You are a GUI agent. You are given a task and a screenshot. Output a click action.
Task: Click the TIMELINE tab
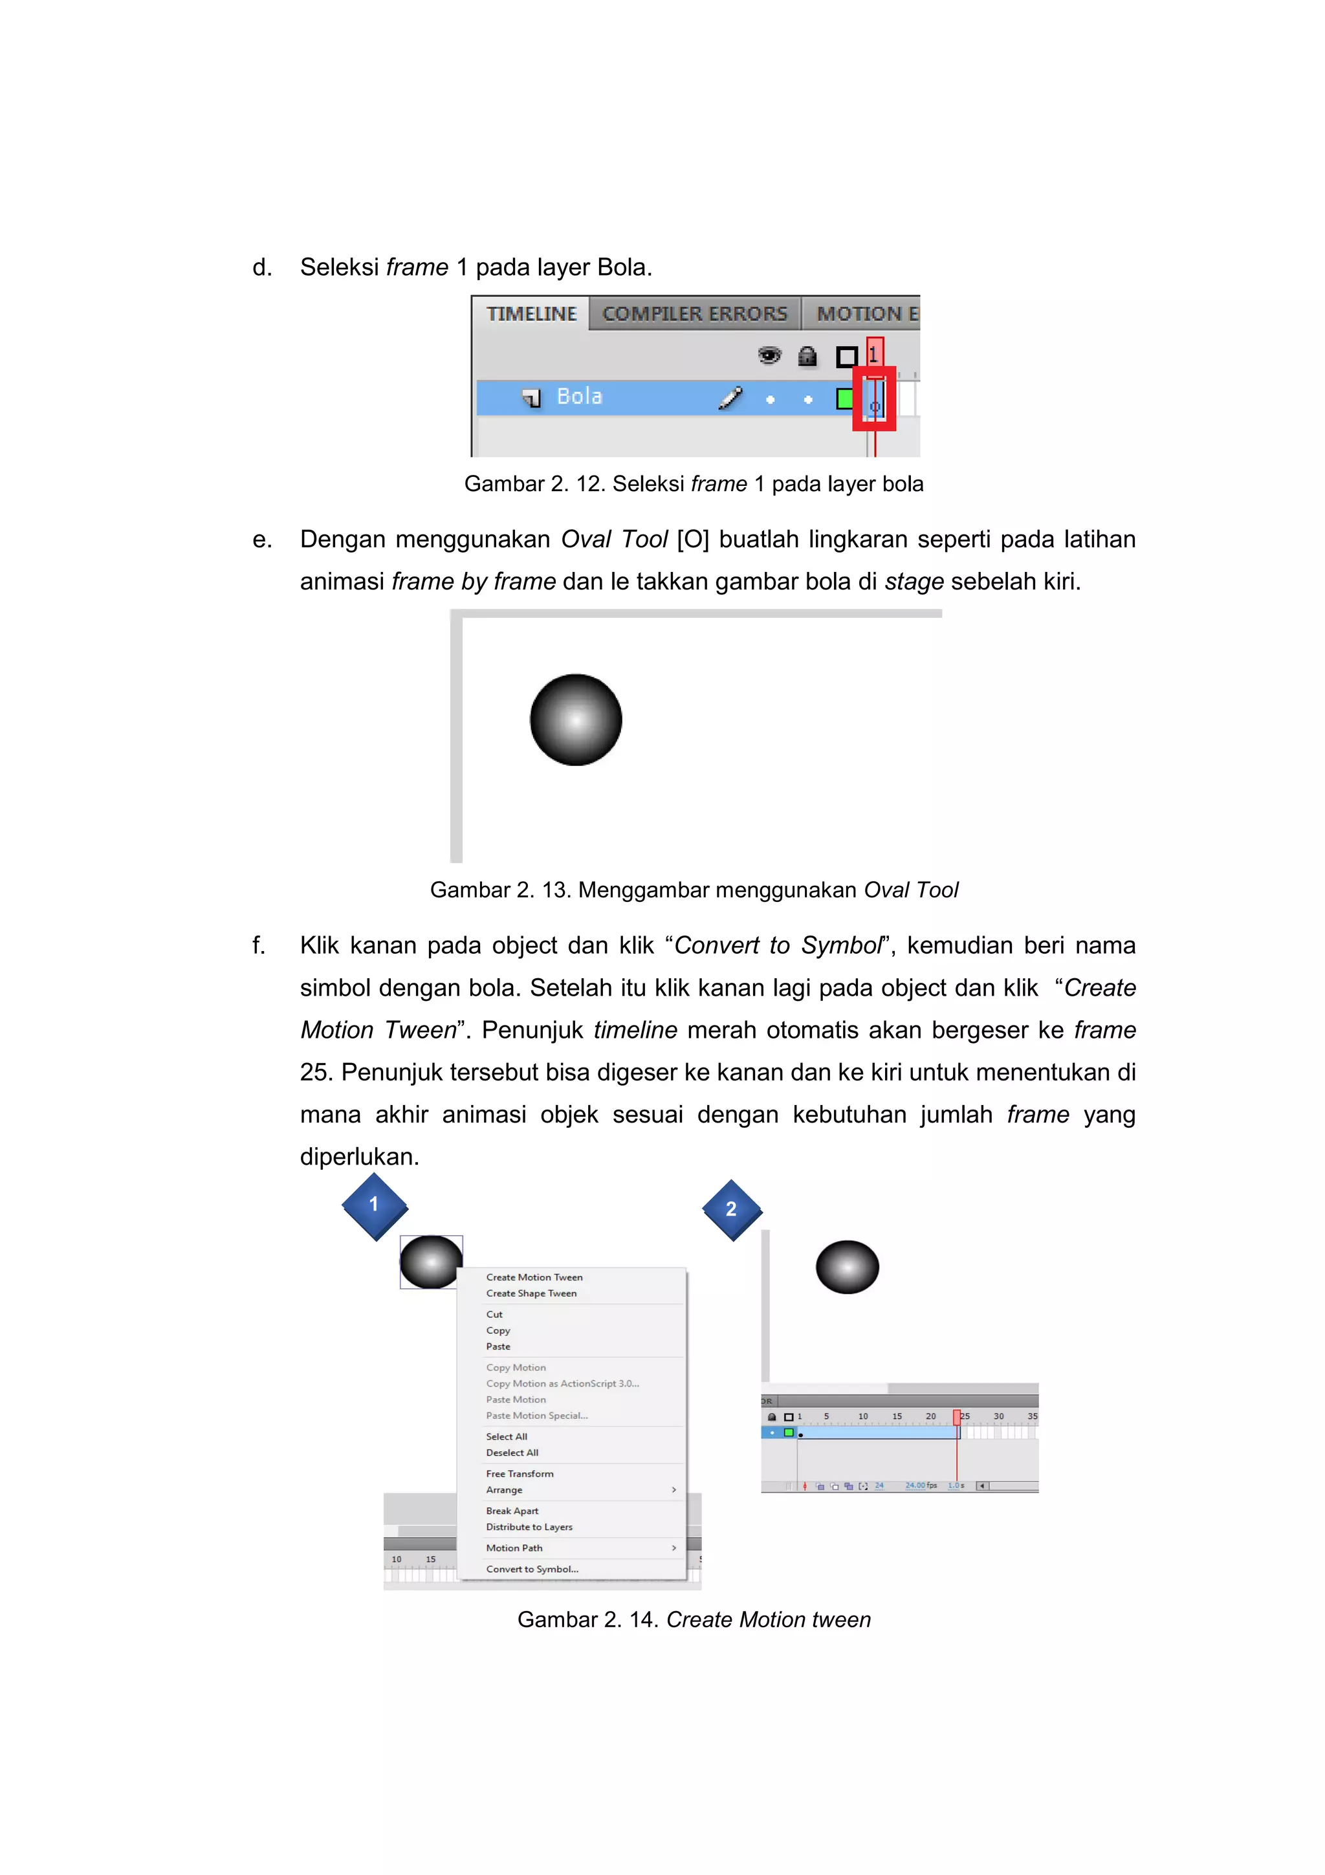531,314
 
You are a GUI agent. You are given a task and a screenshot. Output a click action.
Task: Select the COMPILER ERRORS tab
695,314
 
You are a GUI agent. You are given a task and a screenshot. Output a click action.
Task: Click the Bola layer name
579,397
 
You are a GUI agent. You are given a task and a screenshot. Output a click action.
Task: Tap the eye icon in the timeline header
769,356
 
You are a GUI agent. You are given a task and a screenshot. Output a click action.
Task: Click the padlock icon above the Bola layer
807,356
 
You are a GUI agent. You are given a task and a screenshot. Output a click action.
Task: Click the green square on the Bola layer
845,399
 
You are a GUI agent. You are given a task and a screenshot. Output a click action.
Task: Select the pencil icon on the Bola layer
730,398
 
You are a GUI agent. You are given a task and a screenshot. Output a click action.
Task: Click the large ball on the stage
576,719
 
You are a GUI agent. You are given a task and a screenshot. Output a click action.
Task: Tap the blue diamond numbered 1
375,1205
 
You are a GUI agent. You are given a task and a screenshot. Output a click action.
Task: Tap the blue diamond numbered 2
732,1209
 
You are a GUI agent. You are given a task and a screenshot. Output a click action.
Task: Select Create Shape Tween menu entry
531,1293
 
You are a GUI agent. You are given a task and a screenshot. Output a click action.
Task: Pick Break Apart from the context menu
512,1511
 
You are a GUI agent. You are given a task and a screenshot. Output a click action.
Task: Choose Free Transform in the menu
520,1474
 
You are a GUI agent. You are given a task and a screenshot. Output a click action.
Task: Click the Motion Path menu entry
514,1548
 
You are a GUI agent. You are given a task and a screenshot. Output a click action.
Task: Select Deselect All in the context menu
512,1453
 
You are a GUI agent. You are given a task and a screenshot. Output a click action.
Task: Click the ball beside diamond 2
848,1267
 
